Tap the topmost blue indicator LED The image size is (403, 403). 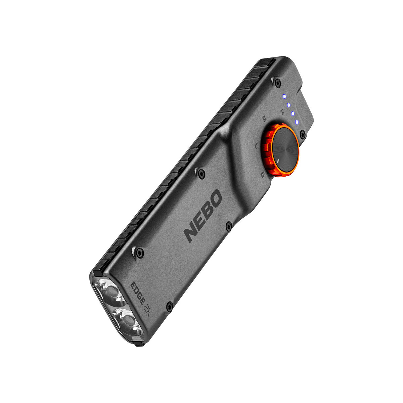pyautogui.click(x=284, y=96)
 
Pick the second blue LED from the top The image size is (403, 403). pyautogui.click(x=288, y=105)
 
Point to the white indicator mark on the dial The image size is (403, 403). pyautogui.click(x=278, y=161)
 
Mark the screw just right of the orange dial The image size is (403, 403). pyautogui.click(x=302, y=135)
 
